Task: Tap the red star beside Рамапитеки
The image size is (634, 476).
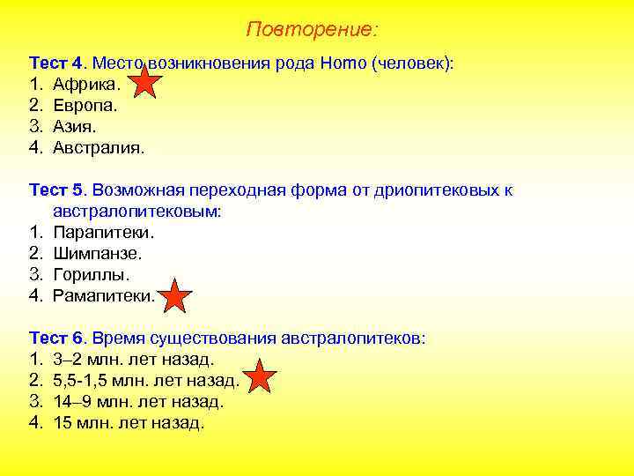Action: coord(176,297)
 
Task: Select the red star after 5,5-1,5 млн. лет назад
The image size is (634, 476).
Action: coord(259,377)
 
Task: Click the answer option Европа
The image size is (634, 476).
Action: coord(85,105)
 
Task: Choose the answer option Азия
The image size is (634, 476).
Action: coord(76,126)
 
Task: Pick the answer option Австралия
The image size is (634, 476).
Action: coord(98,147)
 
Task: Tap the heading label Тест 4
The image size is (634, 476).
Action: coord(56,63)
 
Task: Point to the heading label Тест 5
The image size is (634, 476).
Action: coord(56,190)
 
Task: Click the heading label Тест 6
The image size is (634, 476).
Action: coord(56,338)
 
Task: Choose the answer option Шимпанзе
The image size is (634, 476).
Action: coord(97,254)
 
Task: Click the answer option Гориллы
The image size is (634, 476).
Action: coord(91,275)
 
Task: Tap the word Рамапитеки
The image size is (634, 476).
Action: coord(103,296)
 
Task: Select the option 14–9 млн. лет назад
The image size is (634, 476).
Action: coord(138,402)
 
